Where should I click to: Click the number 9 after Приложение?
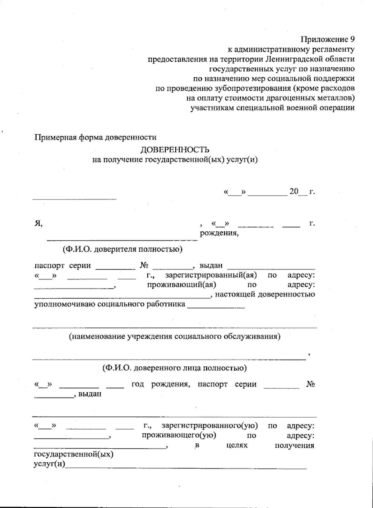pyautogui.click(x=352, y=39)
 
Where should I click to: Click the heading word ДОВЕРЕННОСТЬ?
pyautogui.click(x=175, y=150)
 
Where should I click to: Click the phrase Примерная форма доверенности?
pyautogui.click(x=95, y=137)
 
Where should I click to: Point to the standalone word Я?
pyautogui.click(x=38, y=223)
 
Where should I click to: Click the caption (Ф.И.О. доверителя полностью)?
pyautogui.click(x=122, y=249)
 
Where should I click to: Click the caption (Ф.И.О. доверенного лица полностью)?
pyautogui.click(x=175, y=368)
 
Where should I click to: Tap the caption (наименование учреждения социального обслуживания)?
pyautogui.click(x=175, y=336)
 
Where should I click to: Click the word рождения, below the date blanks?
pyautogui.click(x=219, y=233)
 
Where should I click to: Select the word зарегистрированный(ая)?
pyautogui.click(x=211, y=275)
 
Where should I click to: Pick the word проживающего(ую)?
pyautogui.click(x=179, y=435)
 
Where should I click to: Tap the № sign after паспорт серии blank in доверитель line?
pyautogui.click(x=144, y=266)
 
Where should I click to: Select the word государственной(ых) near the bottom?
pyautogui.click(x=73, y=455)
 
